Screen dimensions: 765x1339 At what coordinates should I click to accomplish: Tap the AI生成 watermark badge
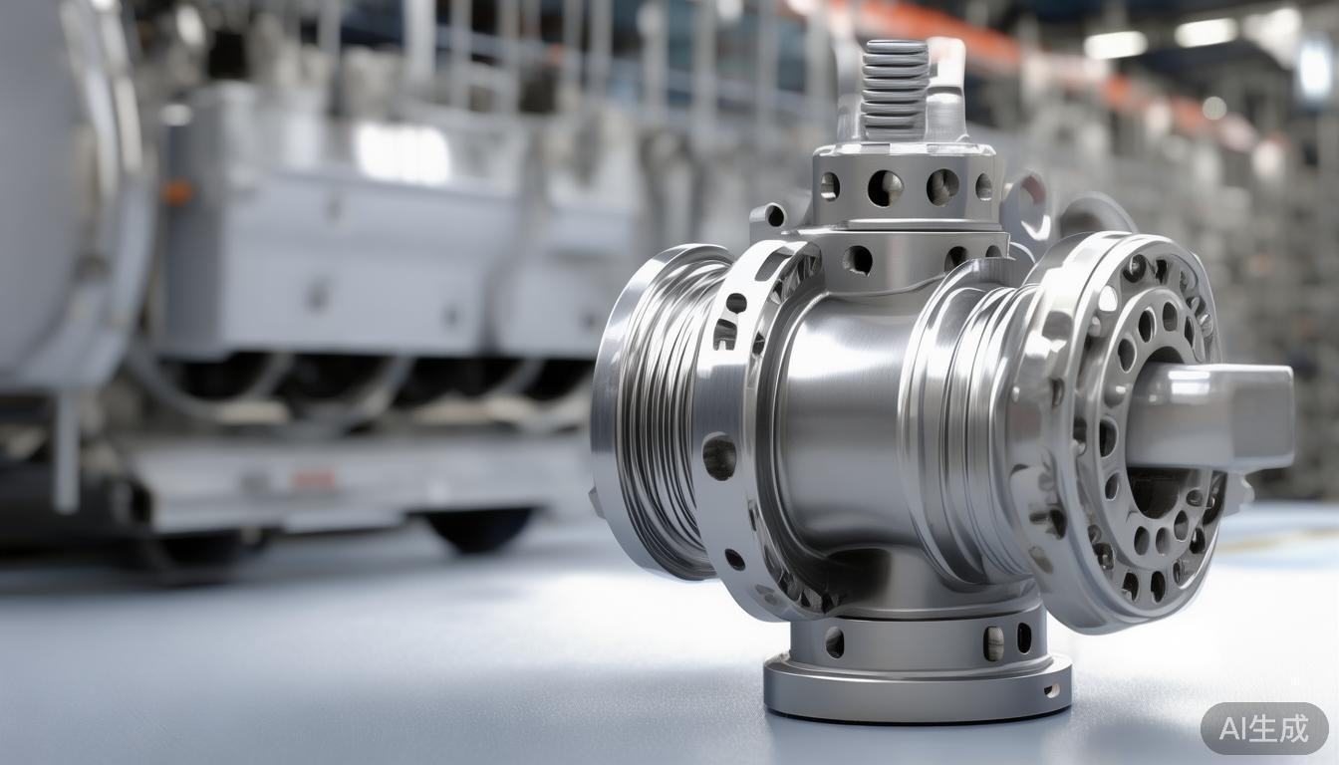point(1264,728)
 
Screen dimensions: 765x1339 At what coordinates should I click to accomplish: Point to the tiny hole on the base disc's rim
point(1048,689)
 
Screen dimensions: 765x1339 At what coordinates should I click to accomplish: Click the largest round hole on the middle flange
point(718,456)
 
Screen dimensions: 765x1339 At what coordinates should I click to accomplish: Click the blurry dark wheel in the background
point(482,529)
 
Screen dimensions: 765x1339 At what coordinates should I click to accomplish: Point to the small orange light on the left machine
point(178,191)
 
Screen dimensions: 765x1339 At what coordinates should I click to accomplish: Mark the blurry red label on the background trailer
point(314,480)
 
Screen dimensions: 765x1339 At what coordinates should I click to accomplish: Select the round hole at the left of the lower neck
point(834,641)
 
